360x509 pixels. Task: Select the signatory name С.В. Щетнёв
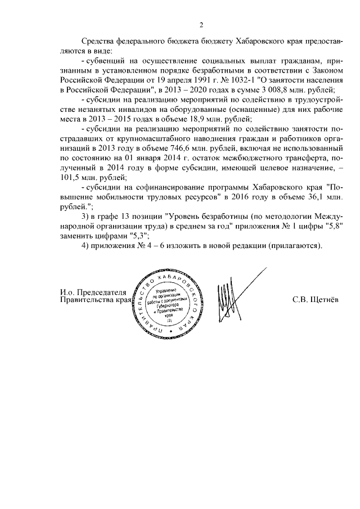click(316, 299)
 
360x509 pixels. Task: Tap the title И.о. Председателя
click(93, 291)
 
